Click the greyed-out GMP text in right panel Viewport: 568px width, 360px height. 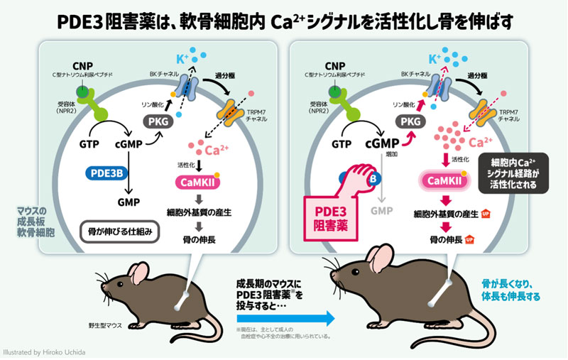pyautogui.click(x=381, y=211)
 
